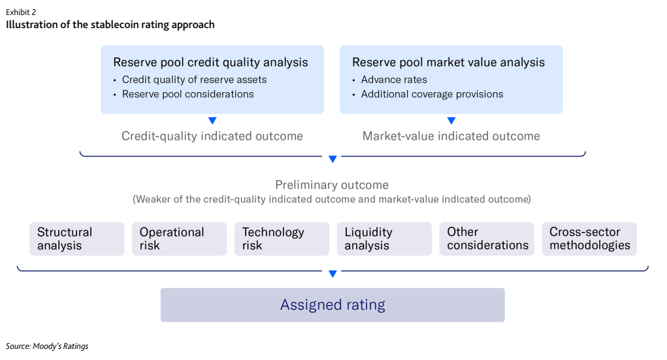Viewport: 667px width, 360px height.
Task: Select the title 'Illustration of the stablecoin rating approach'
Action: (x=110, y=25)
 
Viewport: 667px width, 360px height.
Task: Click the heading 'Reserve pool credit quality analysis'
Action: (x=210, y=63)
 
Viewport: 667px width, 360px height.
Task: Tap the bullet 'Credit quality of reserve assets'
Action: (x=194, y=80)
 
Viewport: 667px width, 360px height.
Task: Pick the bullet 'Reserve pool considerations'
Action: (x=187, y=94)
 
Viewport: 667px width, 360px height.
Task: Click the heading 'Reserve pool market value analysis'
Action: (x=448, y=63)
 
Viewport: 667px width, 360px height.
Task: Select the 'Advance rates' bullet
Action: (x=394, y=80)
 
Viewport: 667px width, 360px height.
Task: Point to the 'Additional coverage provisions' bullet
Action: (x=432, y=94)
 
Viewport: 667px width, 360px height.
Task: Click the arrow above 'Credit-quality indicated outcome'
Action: (x=212, y=121)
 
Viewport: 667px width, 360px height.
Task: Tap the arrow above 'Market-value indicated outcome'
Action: (x=451, y=121)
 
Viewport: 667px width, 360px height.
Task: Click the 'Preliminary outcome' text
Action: (x=332, y=185)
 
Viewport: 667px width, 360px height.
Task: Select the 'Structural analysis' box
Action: (x=76, y=239)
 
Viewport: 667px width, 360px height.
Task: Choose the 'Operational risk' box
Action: (x=179, y=239)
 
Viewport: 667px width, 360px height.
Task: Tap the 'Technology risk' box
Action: (x=282, y=239)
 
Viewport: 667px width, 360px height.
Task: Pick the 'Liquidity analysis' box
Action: (x=384, y=239)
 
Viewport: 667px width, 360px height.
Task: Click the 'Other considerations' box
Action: (x=487, y=239)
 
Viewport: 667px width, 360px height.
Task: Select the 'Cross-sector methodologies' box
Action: (x=589, y=239)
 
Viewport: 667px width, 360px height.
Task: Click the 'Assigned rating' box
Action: (x=333, y=305)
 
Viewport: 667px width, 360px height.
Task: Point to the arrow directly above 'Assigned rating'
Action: (x=333, y=274)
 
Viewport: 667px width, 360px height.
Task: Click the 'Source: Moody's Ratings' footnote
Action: (x=47, y=346)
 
